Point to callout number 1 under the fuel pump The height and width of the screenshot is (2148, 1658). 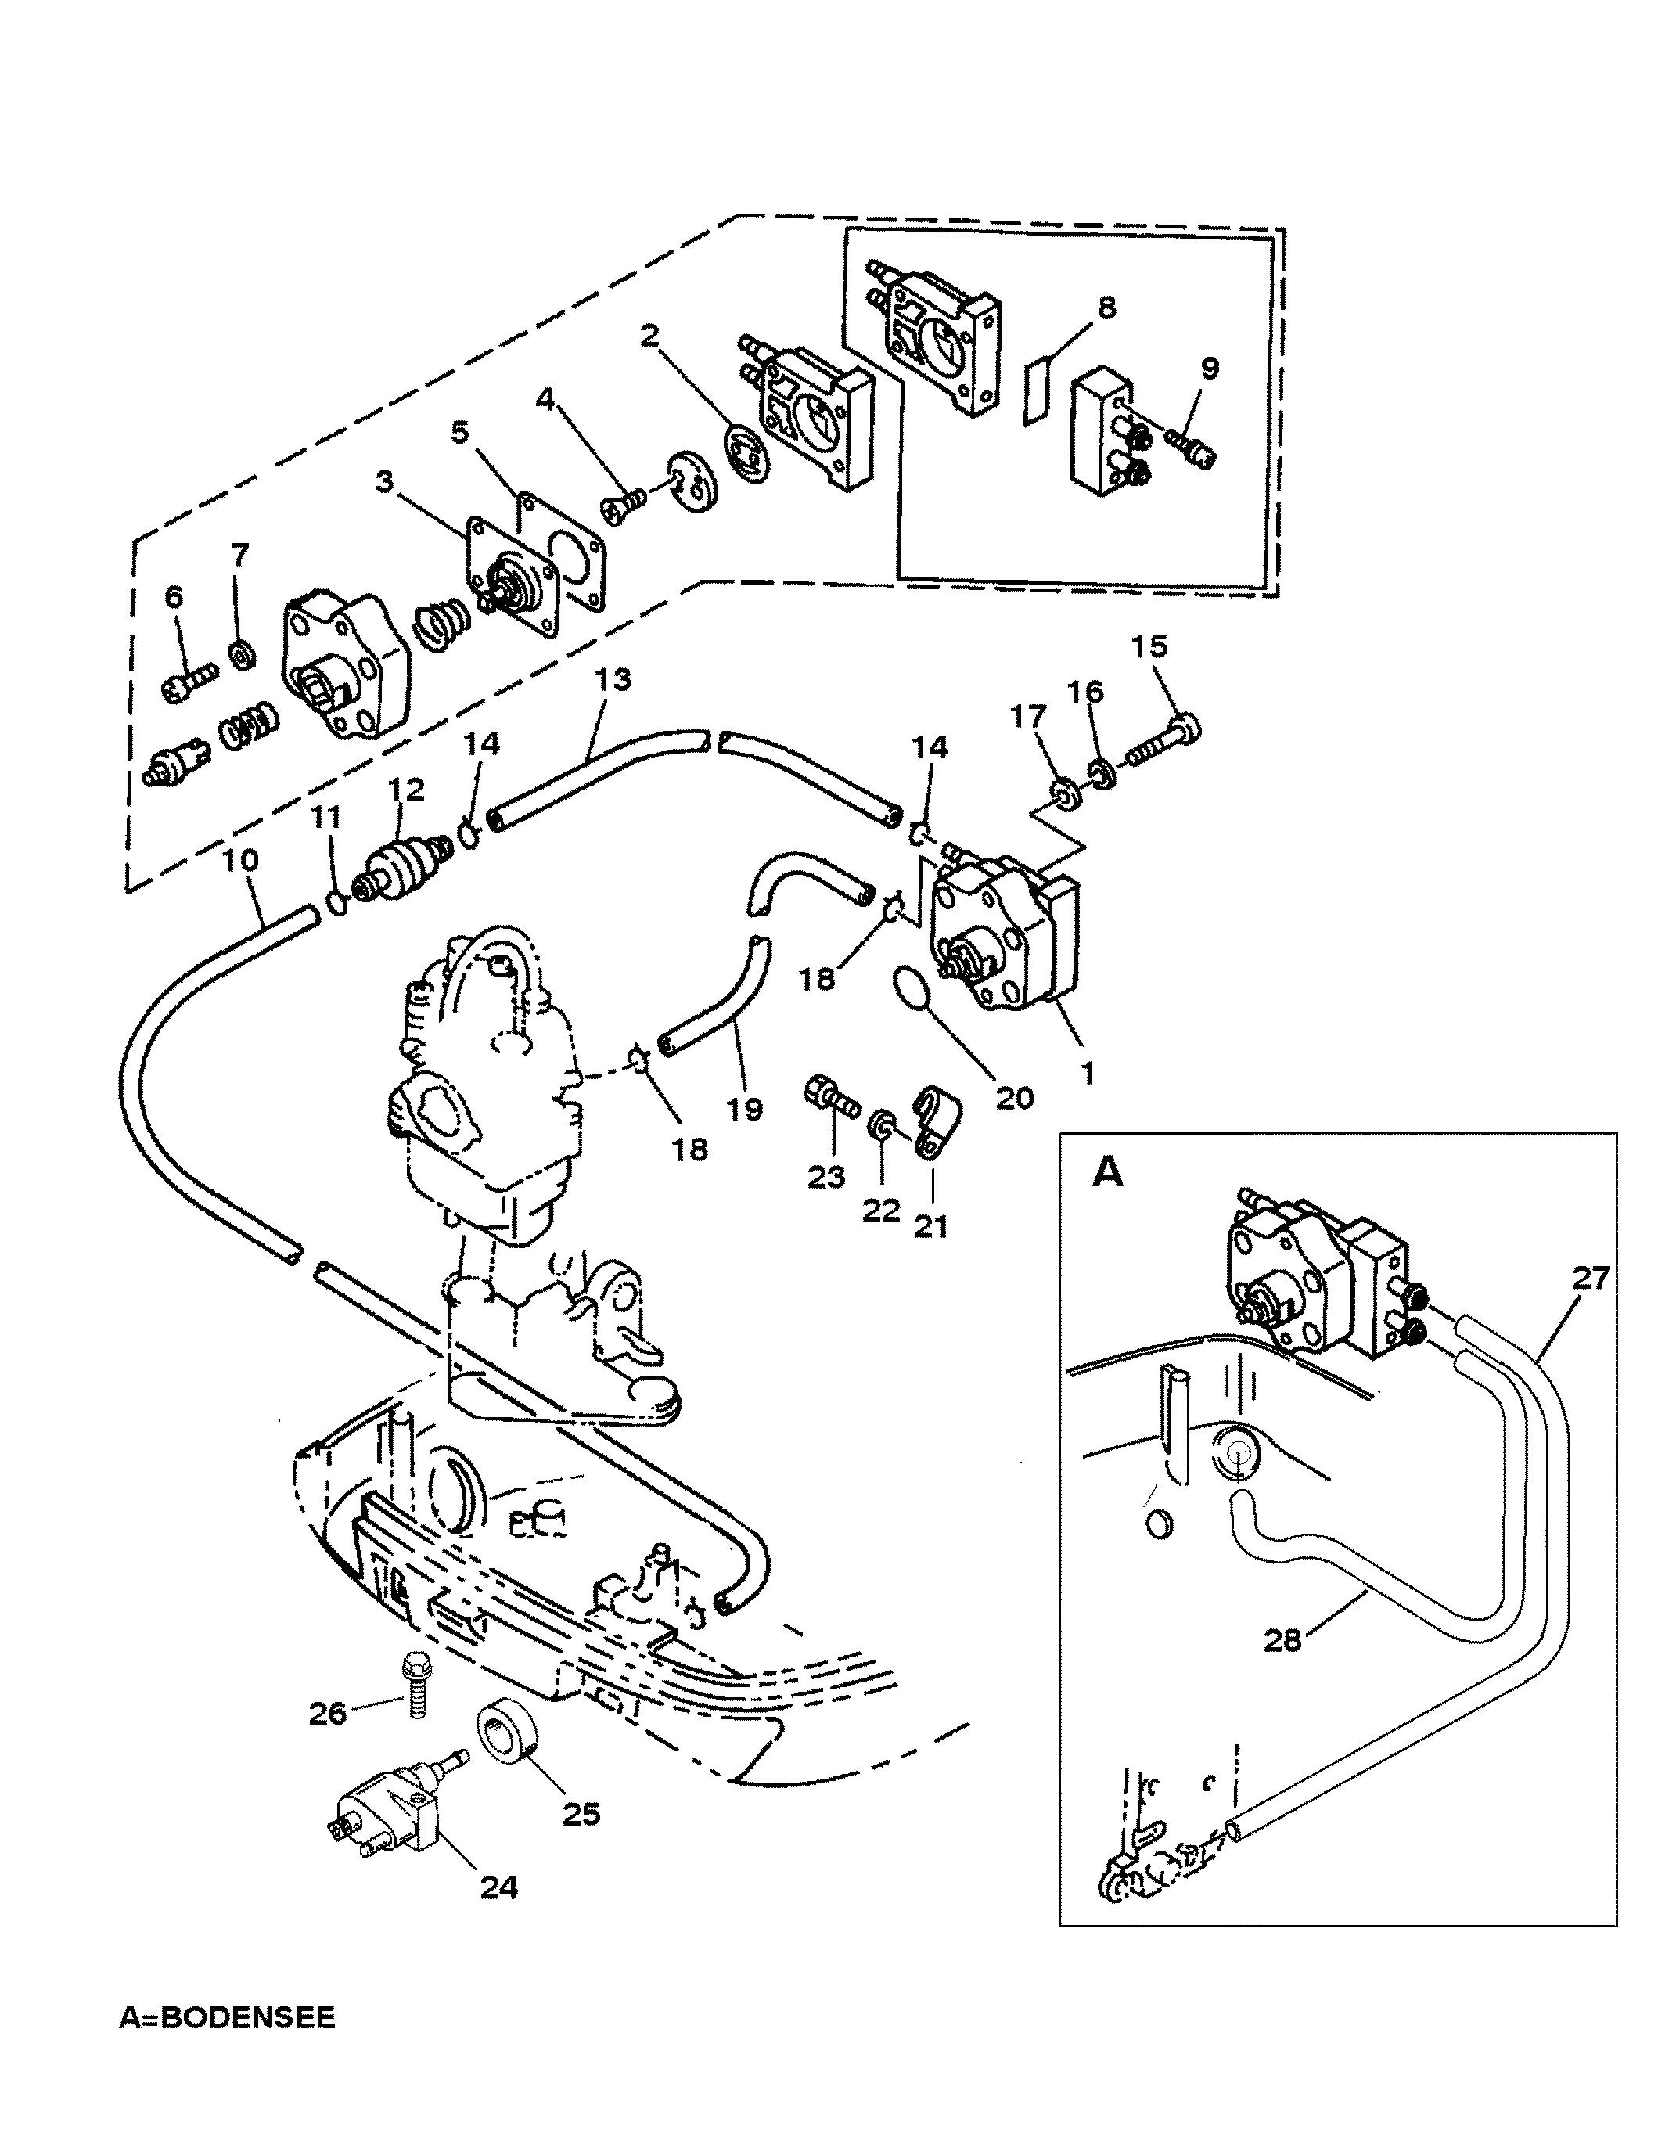tap(1087, 1071)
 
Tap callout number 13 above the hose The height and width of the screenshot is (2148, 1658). tap(613, 678)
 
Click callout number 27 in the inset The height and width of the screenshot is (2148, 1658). tap(1590, 1276)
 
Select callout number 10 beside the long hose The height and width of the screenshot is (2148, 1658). tap(240, 861)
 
